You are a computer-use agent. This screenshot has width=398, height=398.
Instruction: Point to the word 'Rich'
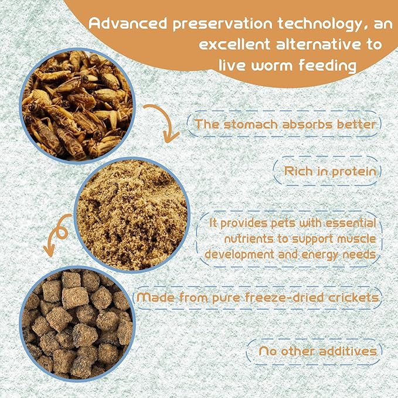pos(298,172)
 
